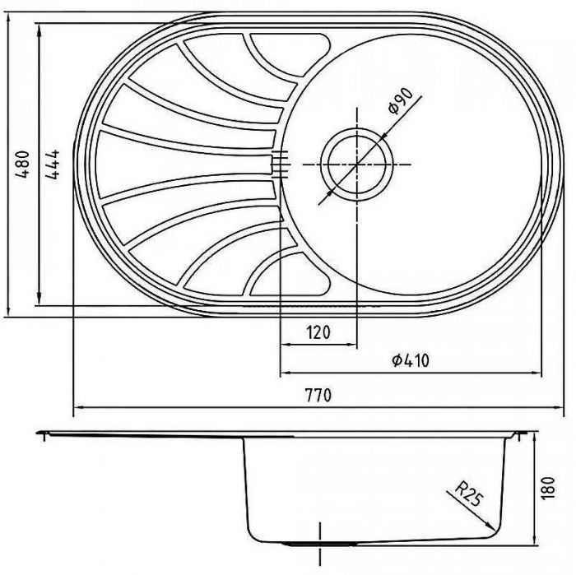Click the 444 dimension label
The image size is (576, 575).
tap(52, 164)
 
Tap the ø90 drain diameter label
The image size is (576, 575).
tap(400, 100)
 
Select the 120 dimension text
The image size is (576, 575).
tap(318, 332)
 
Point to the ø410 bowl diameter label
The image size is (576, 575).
tap(411, 360)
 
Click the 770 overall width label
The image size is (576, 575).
tap(318, 395)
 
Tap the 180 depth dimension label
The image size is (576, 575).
tap(547, 488)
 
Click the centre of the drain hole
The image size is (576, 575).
tap(356, 165)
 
